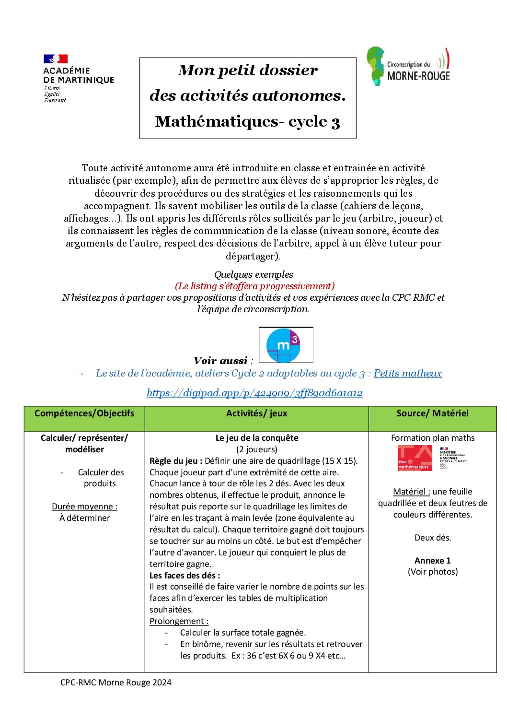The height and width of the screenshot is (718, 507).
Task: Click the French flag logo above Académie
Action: pyautogui.click(x=56, y=59)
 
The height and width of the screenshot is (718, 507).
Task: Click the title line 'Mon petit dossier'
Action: pyautogui.click(x=247, y=71)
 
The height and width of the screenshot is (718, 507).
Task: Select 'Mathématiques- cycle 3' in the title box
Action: pyautogui.click(x=247, y=122)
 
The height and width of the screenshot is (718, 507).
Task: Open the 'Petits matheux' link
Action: pyautogui.click(x=407, y=373)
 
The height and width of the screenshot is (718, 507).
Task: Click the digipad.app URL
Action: pyautogui.click(x=254, y=393)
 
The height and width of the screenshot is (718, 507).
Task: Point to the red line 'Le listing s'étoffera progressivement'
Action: pyautogui.click(x=254, y=286)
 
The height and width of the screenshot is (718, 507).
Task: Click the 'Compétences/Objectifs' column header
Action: pyautogui.click(x=84, y=413)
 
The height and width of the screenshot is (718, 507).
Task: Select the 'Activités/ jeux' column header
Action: pyautogui.click(x=257, y=413)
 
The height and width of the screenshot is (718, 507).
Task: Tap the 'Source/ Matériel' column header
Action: pyautogui.click(x=432, y=413)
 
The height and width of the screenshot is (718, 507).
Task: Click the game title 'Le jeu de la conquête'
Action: pyautogui.click(x=257, y=438)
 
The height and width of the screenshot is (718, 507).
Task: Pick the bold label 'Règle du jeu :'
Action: pyautogui.click(x=175, y=461)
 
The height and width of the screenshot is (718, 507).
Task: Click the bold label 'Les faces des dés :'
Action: pyautogui.click(x=184, y=576)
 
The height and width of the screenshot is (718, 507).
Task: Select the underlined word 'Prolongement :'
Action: pyautogui.click(x=179, y=621)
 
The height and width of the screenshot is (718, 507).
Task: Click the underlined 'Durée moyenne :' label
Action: pyautogui.click(x=84, y=506)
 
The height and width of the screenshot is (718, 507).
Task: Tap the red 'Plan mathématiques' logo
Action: pyautogui.click(x=415, y=458)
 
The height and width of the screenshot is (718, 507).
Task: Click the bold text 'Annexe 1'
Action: pyautogui.click(x=432, y=561)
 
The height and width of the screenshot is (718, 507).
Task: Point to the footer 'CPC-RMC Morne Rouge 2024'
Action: pyautogui.click(x=115, y=683)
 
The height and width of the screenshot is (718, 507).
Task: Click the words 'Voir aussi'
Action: pyautogui.click(x=220, y=361)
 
